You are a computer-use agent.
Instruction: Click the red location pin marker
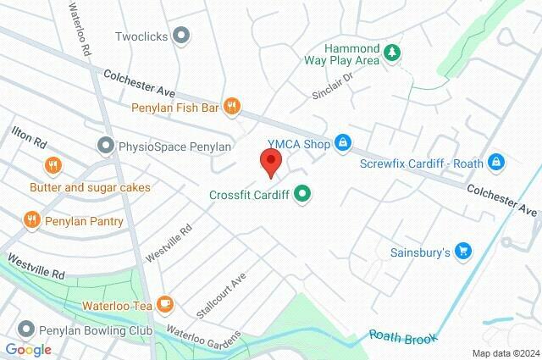coord(269,162)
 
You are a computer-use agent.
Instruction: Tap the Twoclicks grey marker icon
coord(180,36)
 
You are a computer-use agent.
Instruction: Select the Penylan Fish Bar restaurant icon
coord(232,108)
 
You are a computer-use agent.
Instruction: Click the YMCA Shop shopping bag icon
coord(342,144)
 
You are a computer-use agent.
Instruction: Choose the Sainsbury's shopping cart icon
coord(462,251)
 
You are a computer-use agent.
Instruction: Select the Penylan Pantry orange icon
coord(32,221)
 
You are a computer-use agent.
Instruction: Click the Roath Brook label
coord(403,336)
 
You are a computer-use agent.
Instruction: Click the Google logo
coord(28,349)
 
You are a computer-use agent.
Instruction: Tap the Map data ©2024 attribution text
coord(505,353)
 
